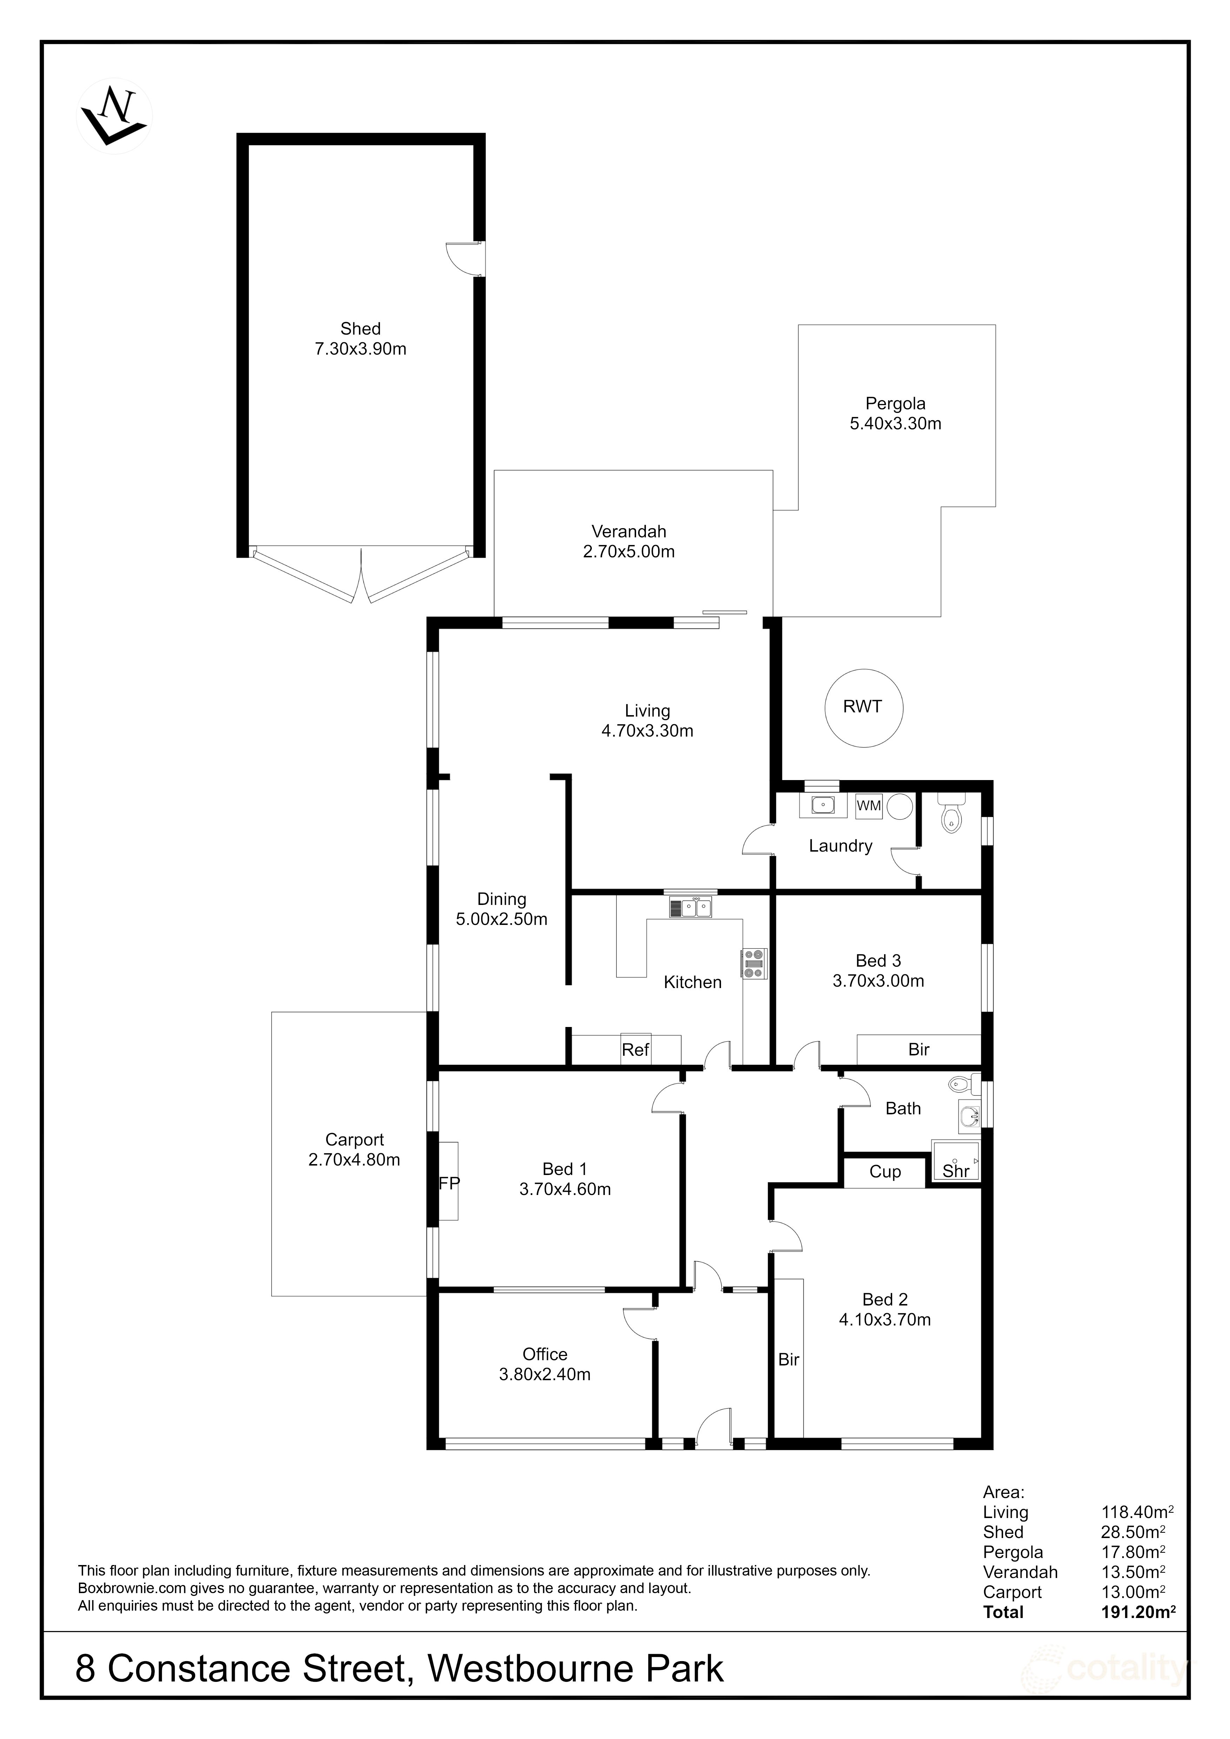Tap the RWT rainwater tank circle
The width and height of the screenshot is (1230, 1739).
pyautogui.click(x=863, y=707)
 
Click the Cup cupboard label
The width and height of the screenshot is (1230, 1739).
pyautogui.click(x=885, y=1172)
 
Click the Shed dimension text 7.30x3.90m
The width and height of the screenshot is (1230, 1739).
pyautogui.click(x=361, y=349)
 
